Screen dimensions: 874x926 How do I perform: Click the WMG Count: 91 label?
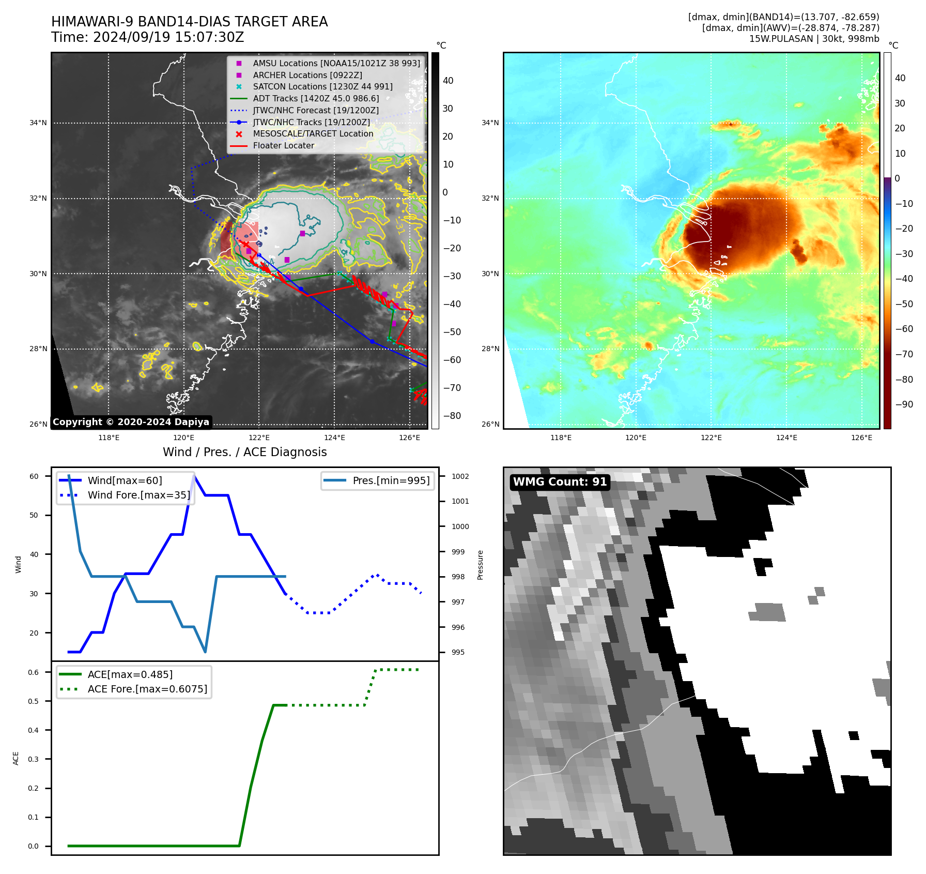560,482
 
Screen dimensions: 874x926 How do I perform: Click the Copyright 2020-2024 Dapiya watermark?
131,422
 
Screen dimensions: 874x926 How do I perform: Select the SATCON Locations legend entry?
322,87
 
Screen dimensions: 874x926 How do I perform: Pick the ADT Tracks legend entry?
316,99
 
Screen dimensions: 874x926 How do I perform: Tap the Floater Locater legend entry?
283,146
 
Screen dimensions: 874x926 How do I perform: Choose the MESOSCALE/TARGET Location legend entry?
313,134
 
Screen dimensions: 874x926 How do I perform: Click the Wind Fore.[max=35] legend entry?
138,495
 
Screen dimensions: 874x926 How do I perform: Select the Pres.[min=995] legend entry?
391,481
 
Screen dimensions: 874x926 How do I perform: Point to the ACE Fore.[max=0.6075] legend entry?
147,689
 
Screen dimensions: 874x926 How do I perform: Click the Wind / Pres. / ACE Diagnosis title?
245,453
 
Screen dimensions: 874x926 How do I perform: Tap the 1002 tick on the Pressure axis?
460,476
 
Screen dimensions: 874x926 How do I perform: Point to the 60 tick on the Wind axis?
34,476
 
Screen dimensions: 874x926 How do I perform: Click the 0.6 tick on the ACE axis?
34,672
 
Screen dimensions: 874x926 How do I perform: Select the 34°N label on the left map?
38,123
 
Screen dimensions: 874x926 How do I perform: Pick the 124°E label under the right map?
786,438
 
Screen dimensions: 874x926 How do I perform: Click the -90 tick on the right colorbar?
904,404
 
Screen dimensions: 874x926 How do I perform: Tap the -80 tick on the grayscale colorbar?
452,416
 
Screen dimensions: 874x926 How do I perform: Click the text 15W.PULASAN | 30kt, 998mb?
814,39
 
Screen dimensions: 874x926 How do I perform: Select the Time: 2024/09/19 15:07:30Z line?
147,38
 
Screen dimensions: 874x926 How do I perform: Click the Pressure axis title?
481,565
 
